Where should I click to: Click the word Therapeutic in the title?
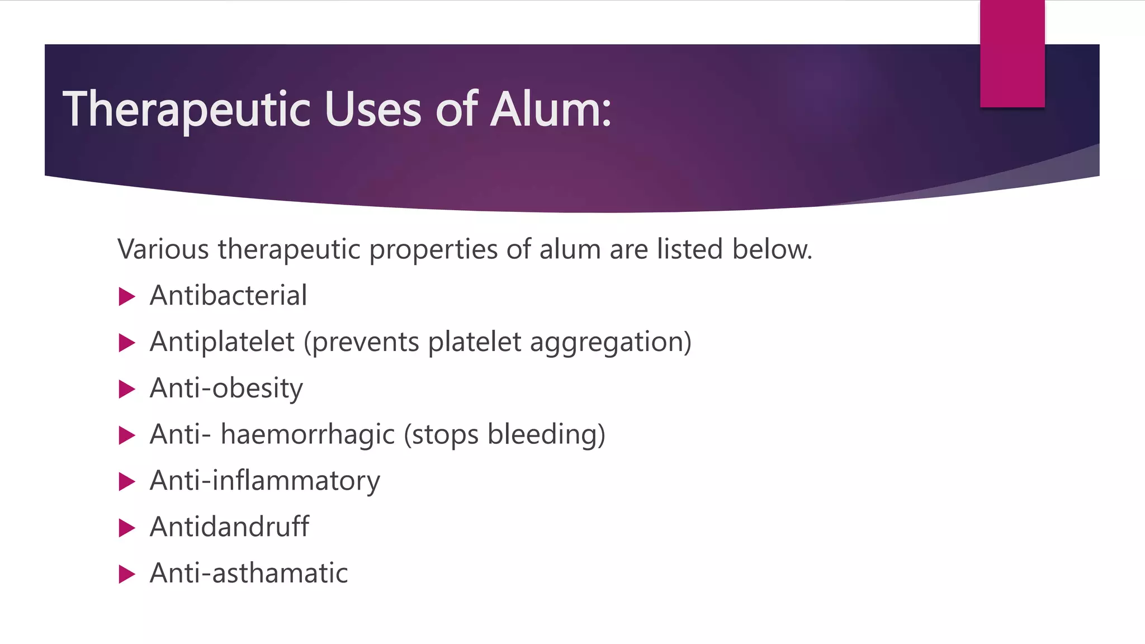click(186, 110)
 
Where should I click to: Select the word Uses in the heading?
click(372, 110)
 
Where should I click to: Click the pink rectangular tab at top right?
click(1012, 53)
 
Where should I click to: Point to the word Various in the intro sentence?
click(163, 249)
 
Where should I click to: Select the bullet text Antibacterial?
click(228, 296)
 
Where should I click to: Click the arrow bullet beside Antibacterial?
click(127, 297)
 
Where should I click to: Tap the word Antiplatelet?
click(222, 342)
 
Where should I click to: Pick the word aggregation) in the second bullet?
click(611, 342)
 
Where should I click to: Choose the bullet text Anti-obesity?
click(226, 389)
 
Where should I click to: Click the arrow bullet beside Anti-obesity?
click(127, 389)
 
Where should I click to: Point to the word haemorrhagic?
click(307, 435)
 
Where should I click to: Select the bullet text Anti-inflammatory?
click(265, 481)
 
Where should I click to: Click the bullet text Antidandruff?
click(229, 527)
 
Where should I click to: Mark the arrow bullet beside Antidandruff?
click(127, 528)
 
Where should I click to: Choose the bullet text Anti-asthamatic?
click(249, 574)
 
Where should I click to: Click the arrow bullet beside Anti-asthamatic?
click(127, 574)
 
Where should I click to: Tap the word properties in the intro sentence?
click(433, 249)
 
